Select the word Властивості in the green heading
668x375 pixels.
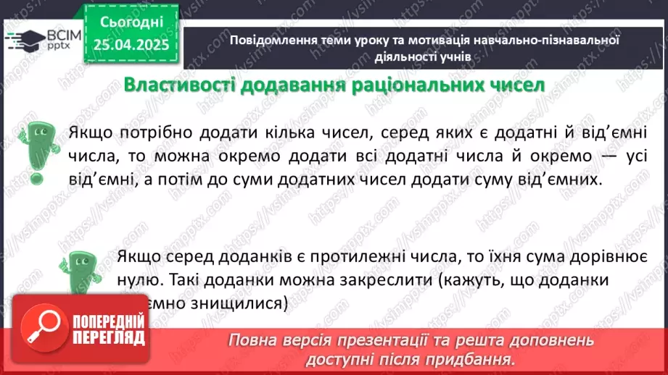point(169,85)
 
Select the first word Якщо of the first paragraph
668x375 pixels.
point(89,133)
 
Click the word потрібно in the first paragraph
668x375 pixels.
point(159,133)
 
